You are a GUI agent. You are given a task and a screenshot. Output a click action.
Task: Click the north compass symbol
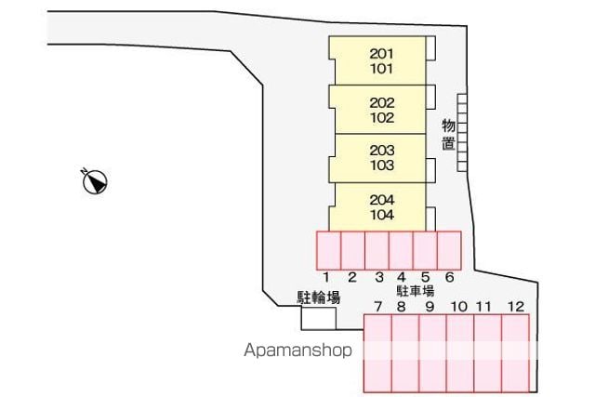click(95, 182)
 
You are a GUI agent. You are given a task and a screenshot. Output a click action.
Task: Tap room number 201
click(382, 54)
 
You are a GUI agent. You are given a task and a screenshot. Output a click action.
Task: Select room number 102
click(382, 118)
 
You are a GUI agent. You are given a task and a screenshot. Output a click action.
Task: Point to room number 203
click(382, 151)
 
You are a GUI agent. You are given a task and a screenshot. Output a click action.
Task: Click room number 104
click(382, 215)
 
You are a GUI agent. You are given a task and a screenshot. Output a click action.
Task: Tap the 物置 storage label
click(448, 135)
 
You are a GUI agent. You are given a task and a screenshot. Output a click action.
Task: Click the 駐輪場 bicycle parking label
click(318, 298)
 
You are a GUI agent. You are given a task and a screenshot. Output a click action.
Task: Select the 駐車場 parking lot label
click(416, 291)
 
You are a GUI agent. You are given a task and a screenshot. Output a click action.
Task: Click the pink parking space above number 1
click(328, 250)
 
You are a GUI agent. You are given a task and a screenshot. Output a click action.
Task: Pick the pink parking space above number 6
click(449, 250)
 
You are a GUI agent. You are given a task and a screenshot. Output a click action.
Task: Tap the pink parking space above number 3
click(377, 250)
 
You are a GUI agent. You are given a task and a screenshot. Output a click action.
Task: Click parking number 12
click(516, 306)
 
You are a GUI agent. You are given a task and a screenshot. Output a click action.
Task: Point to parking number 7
click(377, 306)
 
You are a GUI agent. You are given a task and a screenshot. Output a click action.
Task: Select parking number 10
click(458, 306)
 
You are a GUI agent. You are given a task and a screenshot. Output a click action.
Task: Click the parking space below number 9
click(432, 353)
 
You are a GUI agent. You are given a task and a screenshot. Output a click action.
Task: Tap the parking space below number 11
click(488, 353)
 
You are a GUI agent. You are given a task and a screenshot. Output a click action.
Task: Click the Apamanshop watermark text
click(297, 350)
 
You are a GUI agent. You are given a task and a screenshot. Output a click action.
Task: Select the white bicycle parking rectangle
click(319, 318)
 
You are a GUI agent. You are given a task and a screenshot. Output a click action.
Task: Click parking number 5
click(426, 277)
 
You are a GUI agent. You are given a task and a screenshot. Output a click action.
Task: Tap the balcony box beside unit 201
click(430, 48)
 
